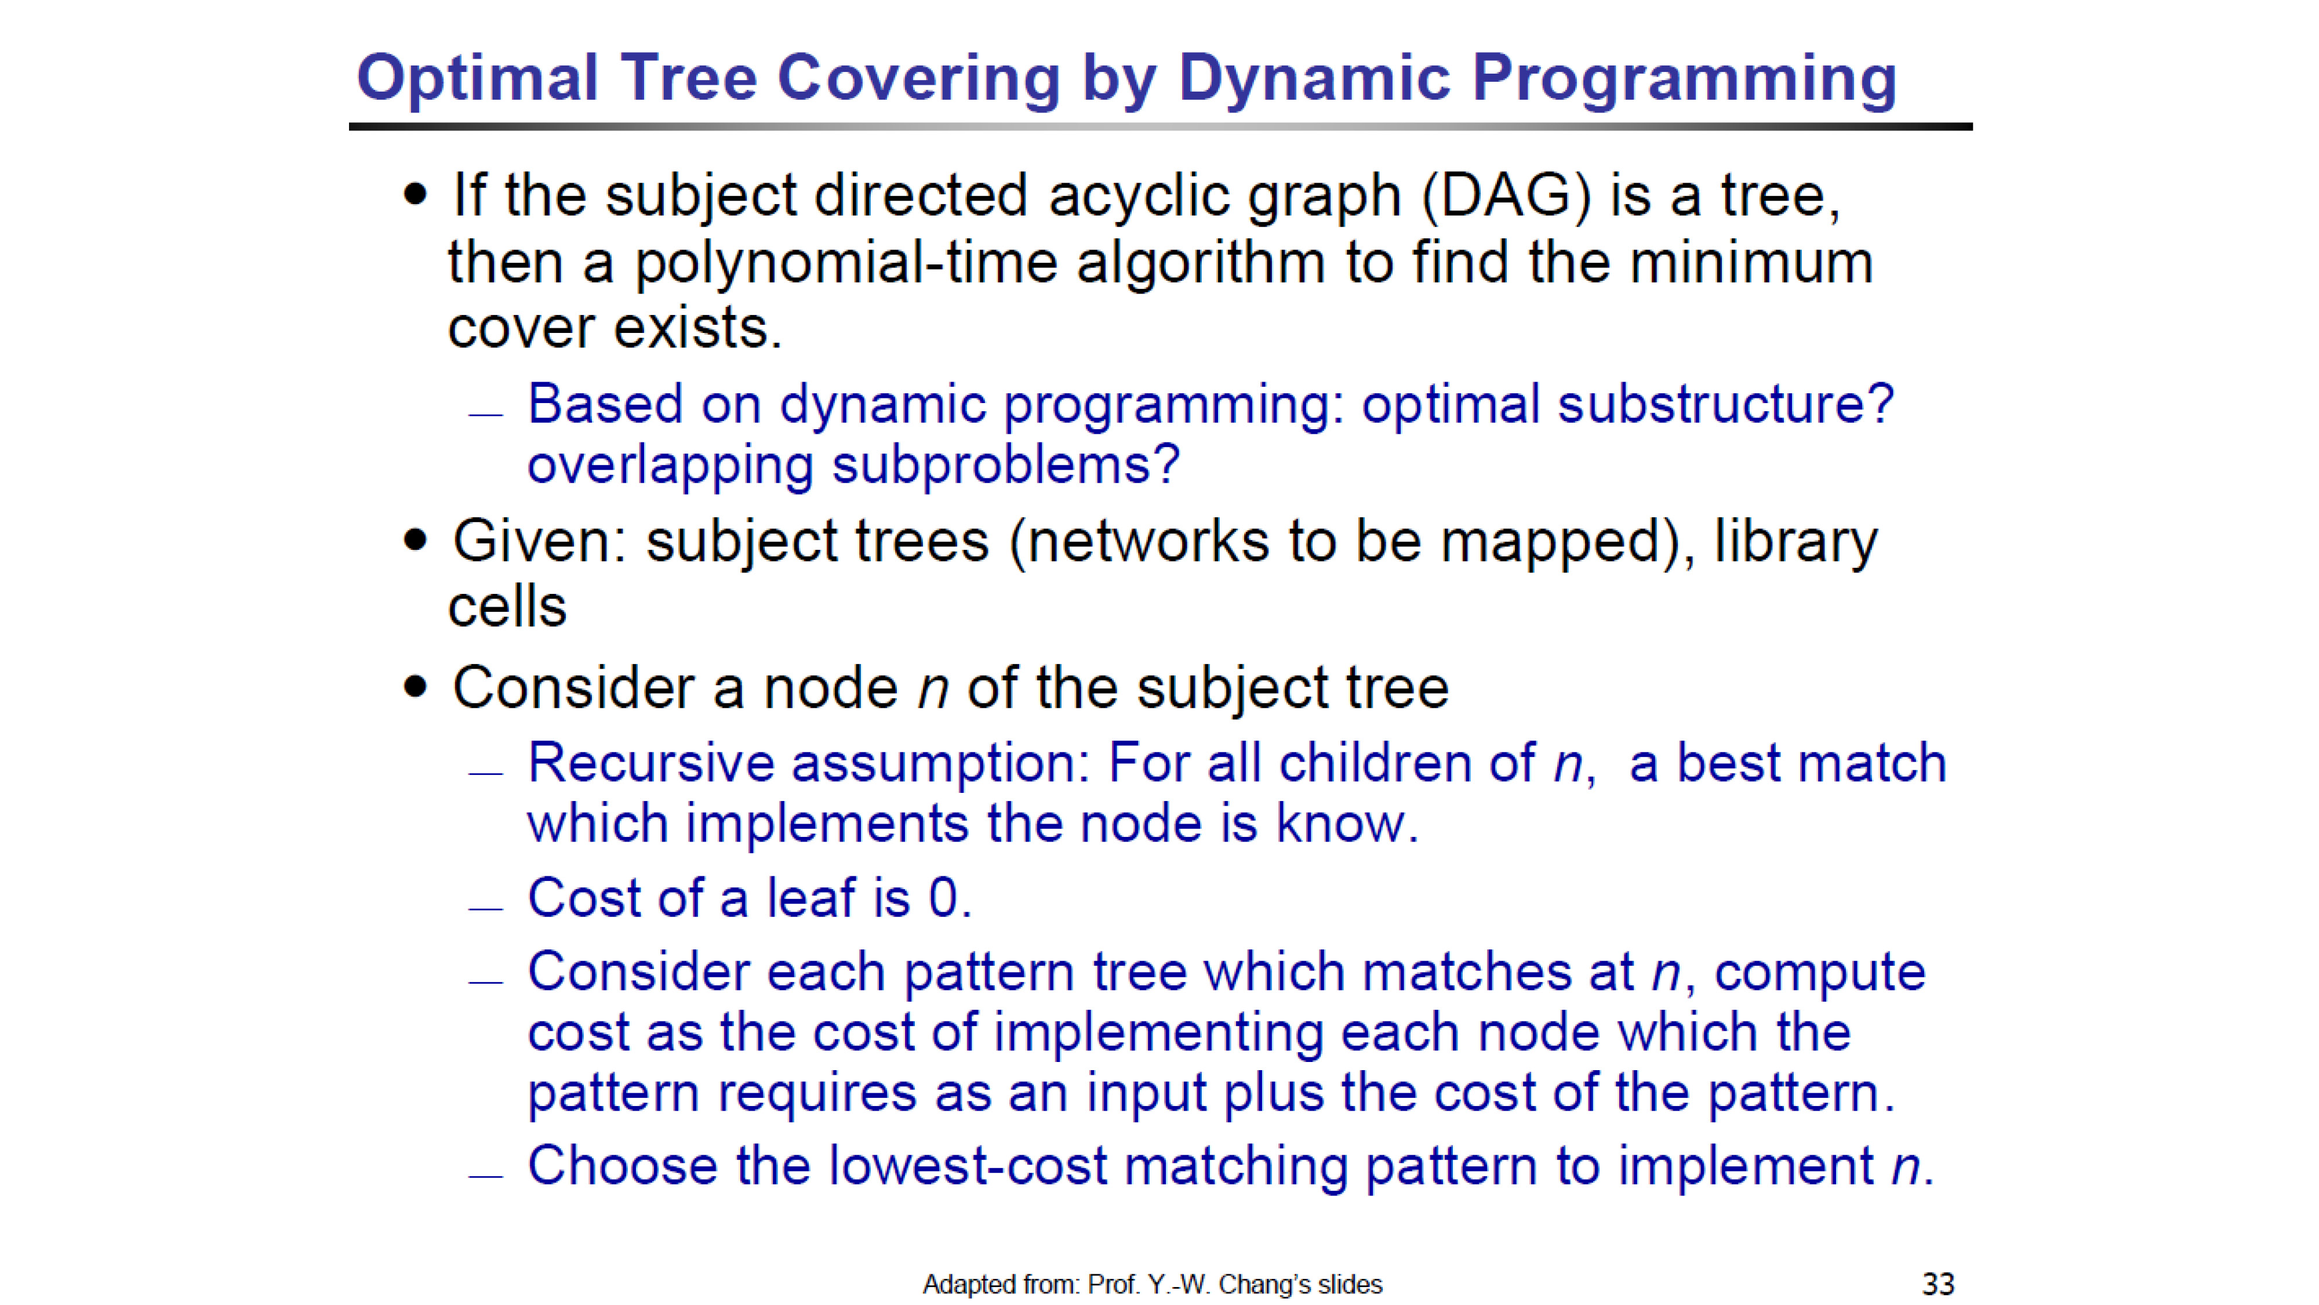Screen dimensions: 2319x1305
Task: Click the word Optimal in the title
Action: [477, 79]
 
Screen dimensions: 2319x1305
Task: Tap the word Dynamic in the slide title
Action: [1314, 79]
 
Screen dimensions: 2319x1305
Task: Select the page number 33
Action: [1938, 1284]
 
